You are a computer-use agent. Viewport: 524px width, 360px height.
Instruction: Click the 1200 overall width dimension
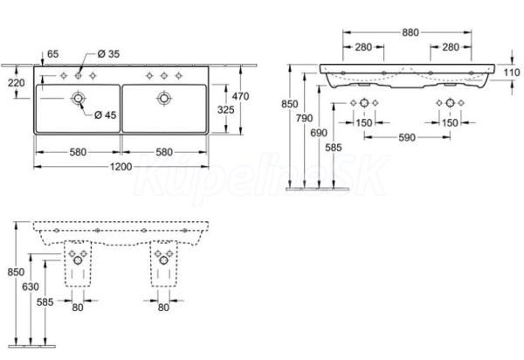121,167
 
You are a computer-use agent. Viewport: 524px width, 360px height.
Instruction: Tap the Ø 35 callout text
108,54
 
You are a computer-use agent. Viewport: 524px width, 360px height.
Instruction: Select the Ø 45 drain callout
106,115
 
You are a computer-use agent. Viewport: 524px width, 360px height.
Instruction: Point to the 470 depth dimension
241,96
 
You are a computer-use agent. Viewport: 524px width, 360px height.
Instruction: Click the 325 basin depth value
226,109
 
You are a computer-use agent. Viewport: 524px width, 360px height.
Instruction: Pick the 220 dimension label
17,82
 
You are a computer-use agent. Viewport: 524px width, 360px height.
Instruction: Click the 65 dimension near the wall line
52,54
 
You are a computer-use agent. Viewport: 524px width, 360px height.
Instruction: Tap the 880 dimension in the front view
410,32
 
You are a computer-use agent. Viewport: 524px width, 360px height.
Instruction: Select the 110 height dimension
512,73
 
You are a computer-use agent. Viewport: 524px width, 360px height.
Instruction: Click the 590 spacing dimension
407,137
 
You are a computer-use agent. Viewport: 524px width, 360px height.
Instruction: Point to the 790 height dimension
305,118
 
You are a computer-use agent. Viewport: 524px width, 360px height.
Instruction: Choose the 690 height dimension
319,133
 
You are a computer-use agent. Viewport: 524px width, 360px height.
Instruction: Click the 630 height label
31,287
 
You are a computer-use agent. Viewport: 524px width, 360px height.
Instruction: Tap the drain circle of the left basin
79,98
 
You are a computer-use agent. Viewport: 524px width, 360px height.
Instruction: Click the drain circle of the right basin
164,98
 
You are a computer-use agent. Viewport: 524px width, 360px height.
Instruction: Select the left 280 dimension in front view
363,47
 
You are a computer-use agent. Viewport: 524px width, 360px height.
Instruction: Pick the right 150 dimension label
450,122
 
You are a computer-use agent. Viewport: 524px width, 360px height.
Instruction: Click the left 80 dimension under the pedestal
78,308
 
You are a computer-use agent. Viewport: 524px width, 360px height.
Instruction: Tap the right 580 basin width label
164,152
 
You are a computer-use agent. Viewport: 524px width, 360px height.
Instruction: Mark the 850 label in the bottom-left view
16,272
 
